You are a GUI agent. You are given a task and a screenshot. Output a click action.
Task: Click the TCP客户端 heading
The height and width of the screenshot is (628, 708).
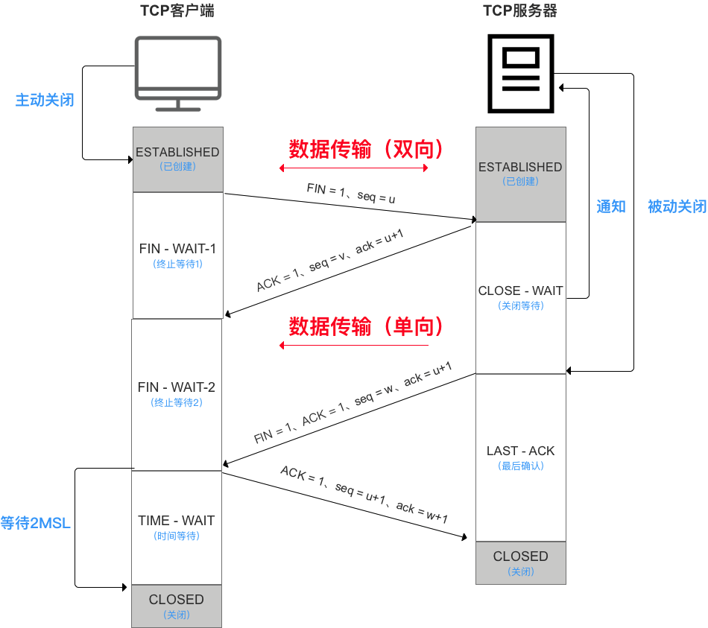click(x=177, y=11)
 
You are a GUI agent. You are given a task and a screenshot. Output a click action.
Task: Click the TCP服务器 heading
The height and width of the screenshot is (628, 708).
click(x=519, y=11)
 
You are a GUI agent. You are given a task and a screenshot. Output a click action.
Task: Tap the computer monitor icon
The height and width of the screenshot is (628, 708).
click(x=177, y=73)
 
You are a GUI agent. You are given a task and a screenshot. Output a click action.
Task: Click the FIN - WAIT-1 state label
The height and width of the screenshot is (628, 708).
click(x=177, y=248)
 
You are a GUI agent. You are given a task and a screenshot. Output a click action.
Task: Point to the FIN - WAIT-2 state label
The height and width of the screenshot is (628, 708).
click(x=177, y=387)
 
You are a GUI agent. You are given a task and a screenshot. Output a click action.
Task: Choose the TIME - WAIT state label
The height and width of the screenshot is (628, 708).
click(x=177, y=521)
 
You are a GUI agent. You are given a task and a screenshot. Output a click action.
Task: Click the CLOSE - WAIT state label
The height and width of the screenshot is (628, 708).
click(x=520, y=291)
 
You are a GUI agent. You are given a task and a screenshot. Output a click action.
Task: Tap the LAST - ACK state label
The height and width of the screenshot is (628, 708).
click(x=520, y=451)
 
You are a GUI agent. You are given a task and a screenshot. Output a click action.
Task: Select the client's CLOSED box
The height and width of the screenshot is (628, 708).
click(x=177, y=606)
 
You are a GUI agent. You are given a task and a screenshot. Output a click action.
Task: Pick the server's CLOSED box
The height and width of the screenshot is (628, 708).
click(x=520, y=562)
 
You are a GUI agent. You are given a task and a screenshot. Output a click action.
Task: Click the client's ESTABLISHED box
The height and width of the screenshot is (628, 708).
click(x=177, y=159)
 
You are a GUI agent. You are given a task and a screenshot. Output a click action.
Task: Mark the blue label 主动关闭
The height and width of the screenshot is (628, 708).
click(x=45, y=100)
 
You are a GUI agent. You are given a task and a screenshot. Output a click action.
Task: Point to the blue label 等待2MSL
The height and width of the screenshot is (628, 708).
click(x=36, y=523)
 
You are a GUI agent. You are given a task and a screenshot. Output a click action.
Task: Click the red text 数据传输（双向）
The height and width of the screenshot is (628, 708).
click(x=367, y=150)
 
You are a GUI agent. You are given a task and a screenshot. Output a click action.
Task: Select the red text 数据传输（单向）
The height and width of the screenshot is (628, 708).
click(x=367, y=326)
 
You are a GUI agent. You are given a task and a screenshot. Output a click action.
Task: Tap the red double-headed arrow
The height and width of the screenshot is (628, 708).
click(x=353, y=168)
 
